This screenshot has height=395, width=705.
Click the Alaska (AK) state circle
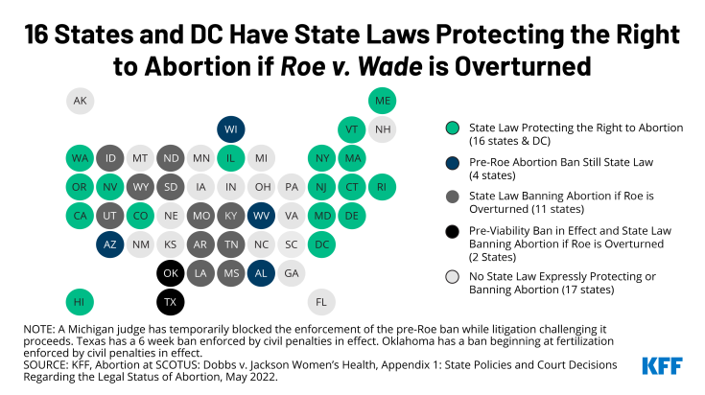point(81,101)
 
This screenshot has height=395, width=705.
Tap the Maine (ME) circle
point(382,101)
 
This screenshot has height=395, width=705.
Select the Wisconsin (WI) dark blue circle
point(231,129)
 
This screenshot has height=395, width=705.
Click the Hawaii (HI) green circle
point(81,302)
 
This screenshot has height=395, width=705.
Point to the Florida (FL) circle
point(322,302)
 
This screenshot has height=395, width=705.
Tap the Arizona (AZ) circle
point(110,244)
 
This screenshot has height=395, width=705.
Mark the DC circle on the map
point(322,244)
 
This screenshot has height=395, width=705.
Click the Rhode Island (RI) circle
point(382,187)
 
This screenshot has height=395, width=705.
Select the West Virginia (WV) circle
point(262,216)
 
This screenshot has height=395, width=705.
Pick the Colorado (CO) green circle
point(141,216)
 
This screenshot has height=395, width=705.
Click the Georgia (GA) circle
point(293,273)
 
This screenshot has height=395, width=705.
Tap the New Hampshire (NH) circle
point(382,129)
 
